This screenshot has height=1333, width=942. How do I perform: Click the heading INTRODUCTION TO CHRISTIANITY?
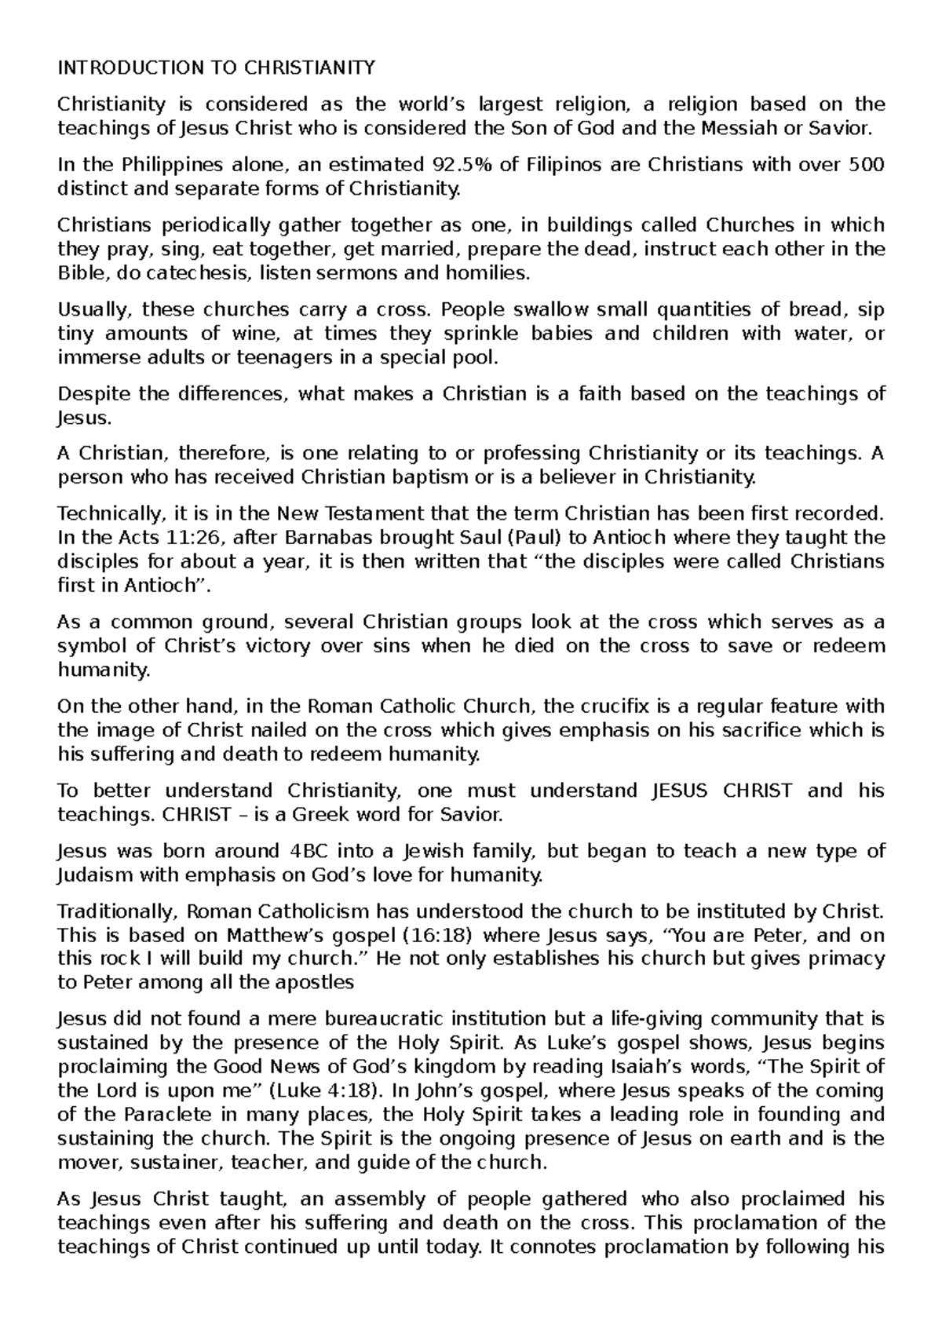point(216,68)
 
